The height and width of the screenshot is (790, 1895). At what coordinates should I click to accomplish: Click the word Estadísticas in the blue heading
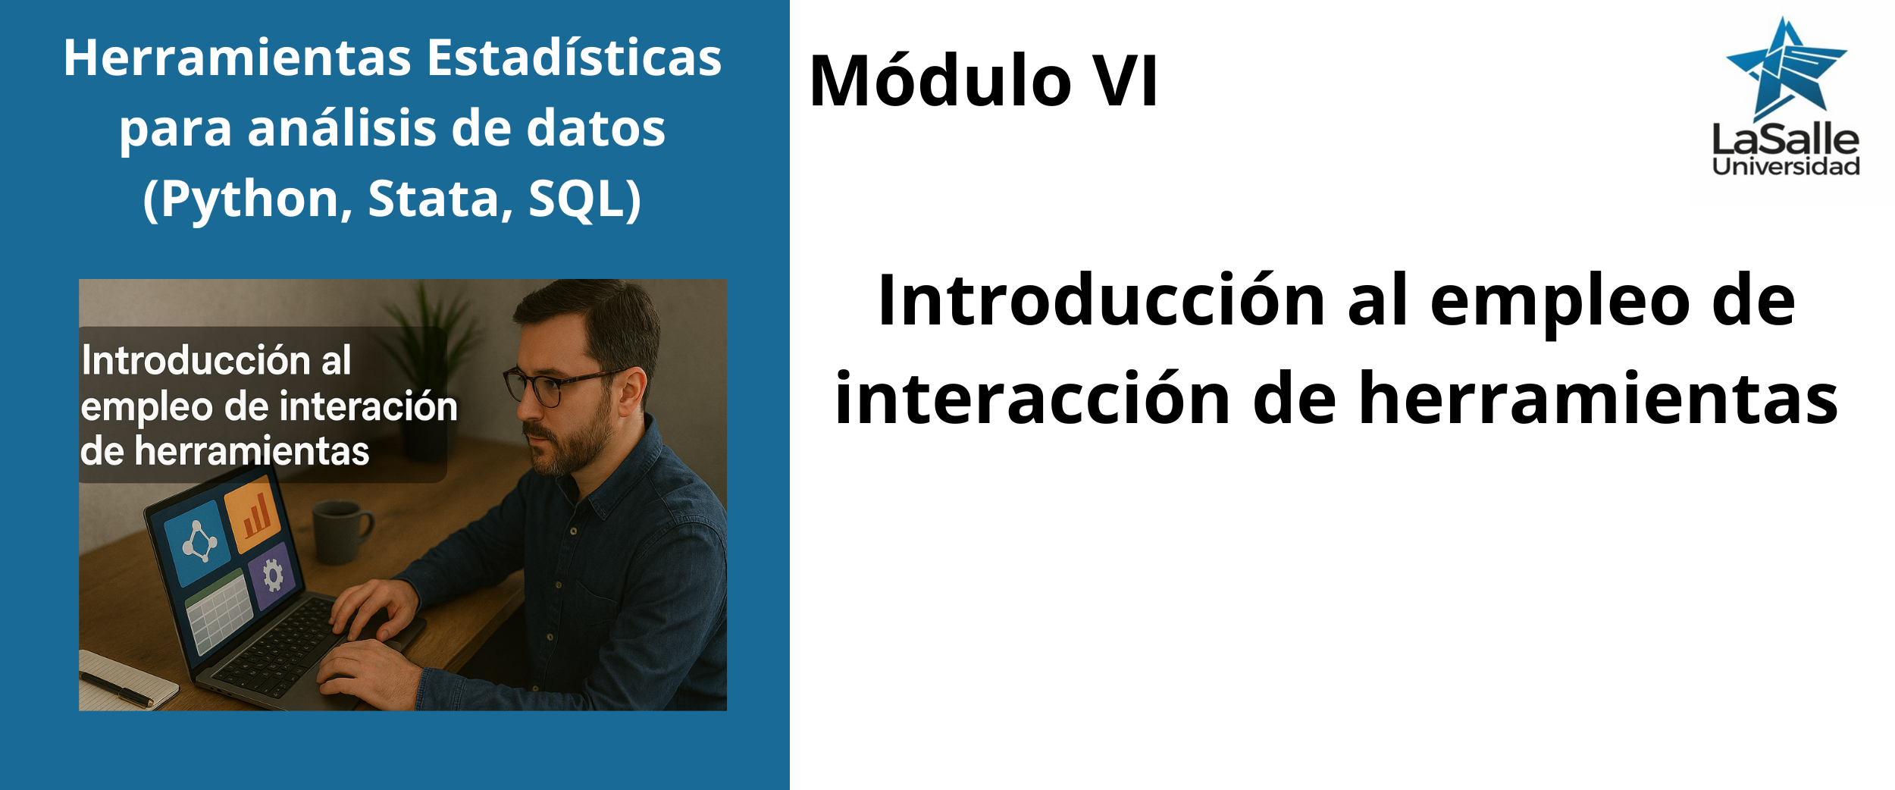point(574,58)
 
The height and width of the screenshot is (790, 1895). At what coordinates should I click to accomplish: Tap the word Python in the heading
point(249,200)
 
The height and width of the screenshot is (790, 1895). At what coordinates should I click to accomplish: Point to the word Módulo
point(940,80)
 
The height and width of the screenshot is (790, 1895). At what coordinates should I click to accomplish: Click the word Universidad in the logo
point(1786,167)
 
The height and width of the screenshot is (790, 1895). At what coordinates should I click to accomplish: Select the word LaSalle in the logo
point(1786,140)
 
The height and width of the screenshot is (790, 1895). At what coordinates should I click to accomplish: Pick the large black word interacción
point(1032,398)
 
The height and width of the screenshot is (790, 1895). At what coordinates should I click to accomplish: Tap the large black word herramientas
point(1598,398)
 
